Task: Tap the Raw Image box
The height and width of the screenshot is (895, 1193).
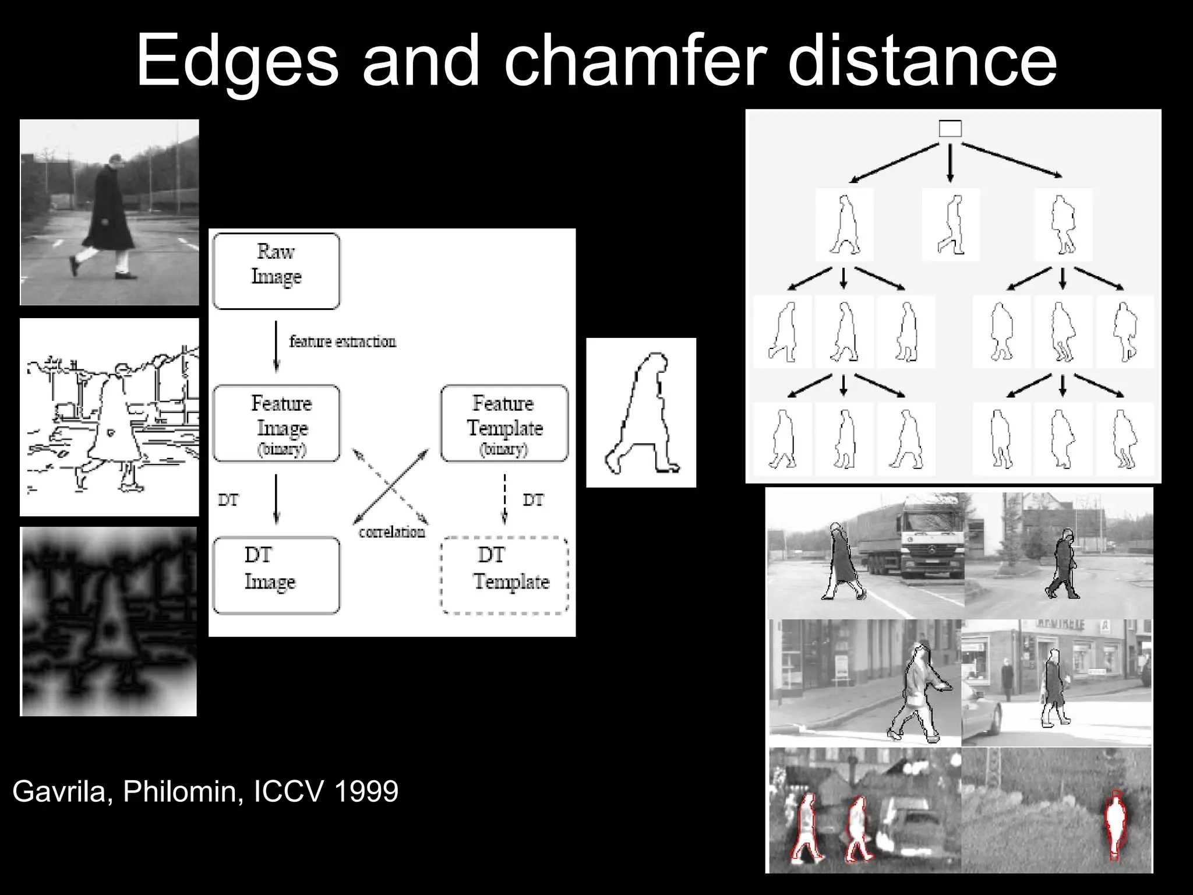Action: (x=276, y=271)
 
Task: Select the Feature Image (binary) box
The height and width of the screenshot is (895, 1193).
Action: (x=276, y=424)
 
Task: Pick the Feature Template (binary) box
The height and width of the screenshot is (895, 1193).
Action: (x=504, y=424)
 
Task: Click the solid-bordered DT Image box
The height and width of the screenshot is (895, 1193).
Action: (x=276, y=575)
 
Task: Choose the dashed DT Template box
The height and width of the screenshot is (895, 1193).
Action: (x=504, y=575)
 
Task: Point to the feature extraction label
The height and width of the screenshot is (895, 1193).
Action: (x=343, y=341)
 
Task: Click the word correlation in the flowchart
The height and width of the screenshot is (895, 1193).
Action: (x=391, y=532)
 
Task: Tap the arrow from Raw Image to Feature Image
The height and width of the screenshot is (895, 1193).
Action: (x=276, y=347)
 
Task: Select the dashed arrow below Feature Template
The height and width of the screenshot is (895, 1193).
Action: (x=504, y=499)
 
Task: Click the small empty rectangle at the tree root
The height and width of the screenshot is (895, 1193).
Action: (x=950, y=129)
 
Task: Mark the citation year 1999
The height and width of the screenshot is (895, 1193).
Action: (x=366, y=791)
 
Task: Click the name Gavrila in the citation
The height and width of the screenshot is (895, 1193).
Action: (x=58, y=791)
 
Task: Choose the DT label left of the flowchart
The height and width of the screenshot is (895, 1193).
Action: (x=228, y=500)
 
